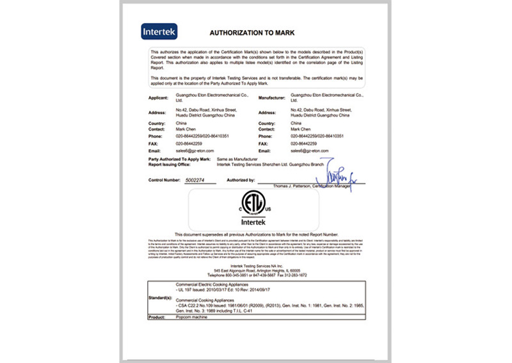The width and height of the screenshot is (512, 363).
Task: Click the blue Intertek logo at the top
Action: [x=159, y=31]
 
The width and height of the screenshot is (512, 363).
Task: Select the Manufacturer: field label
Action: [x=272, y=98]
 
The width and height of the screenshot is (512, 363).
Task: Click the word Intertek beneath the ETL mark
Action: [x=256, y=222]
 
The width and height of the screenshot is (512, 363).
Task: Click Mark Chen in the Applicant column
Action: [x=186, y=129]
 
